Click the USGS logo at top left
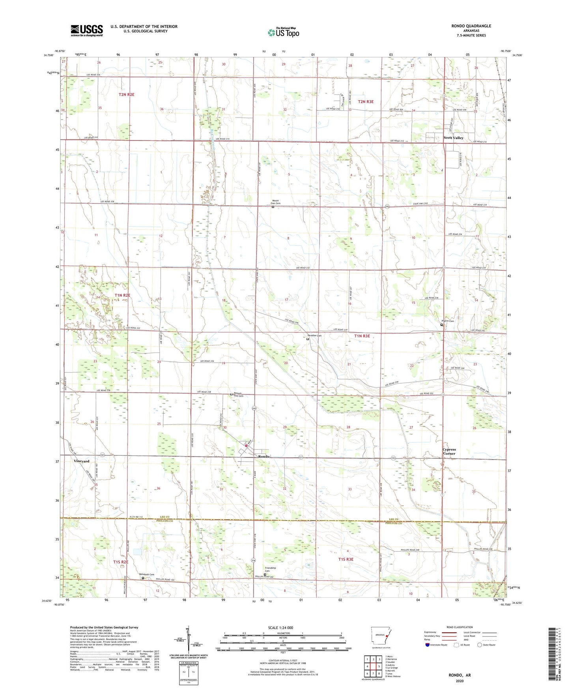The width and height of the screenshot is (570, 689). pyautogui.click(x=87, y=30)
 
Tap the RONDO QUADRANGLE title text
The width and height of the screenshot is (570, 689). pyautogui.click(x=471, y=26)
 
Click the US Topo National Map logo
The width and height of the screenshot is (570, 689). pyautogui.click(x=283, y=32)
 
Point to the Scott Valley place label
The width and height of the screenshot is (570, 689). pyautogui.click(x=453, y=138)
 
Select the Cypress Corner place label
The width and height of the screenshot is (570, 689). pyautogui.click(x=449, y=451)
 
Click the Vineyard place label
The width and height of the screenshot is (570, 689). pyautogui.click(x=81, y=461)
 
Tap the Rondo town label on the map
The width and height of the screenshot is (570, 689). pyautogui.click(x=264, y=456)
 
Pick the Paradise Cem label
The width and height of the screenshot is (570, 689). pyautogui.click(x=314, y=335)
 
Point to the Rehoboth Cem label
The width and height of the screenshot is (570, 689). pyautogui.click(x=146, y=574)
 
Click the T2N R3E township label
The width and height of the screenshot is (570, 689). pyautogui.click(x=365, y=101)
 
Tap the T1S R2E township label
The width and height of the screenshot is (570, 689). pyautogui.click(x=121, y=562)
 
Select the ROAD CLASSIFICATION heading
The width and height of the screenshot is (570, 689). pyautogui.click(x=460, y=627)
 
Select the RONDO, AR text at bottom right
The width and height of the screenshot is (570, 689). pyautogui.click(x=460, y=675)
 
